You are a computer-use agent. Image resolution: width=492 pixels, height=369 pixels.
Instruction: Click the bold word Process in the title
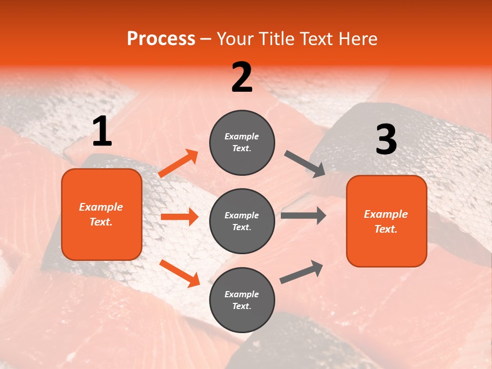161,39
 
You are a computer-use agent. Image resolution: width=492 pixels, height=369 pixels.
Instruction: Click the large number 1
102,132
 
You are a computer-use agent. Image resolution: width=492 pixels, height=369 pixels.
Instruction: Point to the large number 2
242,77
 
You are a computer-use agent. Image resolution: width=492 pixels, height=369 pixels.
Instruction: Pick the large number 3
386,140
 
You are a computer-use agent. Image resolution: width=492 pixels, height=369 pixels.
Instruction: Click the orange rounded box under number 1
101,214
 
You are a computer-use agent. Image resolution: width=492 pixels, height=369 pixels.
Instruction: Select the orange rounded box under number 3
386,221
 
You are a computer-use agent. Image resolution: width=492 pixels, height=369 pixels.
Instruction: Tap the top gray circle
242,142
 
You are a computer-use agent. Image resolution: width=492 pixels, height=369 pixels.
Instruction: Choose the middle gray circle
242,221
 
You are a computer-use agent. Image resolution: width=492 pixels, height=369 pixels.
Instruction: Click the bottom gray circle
242,300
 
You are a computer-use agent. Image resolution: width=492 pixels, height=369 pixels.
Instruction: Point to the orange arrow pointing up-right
178,163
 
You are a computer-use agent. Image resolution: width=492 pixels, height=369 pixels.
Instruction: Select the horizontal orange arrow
179,217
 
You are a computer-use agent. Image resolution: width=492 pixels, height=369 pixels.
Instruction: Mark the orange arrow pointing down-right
179,273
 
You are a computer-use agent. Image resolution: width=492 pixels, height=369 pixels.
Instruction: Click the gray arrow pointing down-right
305,164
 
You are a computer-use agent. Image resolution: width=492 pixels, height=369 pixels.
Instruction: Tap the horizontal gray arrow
303,215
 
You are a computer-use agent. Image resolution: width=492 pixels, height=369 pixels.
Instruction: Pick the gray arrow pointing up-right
301,272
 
